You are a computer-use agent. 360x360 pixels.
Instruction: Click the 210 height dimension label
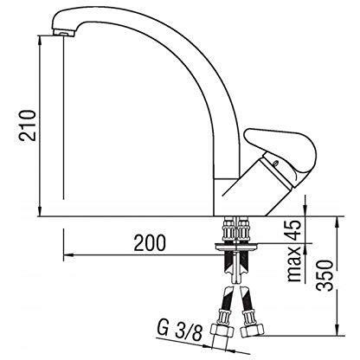[x=28, y=125]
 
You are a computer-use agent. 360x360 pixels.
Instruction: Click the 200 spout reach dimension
[x=150, y=242]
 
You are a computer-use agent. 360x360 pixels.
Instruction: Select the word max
[x=295, y=264]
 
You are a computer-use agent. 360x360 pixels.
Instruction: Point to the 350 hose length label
[x=325, y=275]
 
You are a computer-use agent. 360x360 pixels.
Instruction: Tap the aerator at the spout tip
[x=64, y=32]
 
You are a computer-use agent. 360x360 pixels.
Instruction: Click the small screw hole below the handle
[x=276, y=164]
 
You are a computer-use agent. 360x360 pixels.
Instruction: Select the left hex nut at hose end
[x=222, y=331]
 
